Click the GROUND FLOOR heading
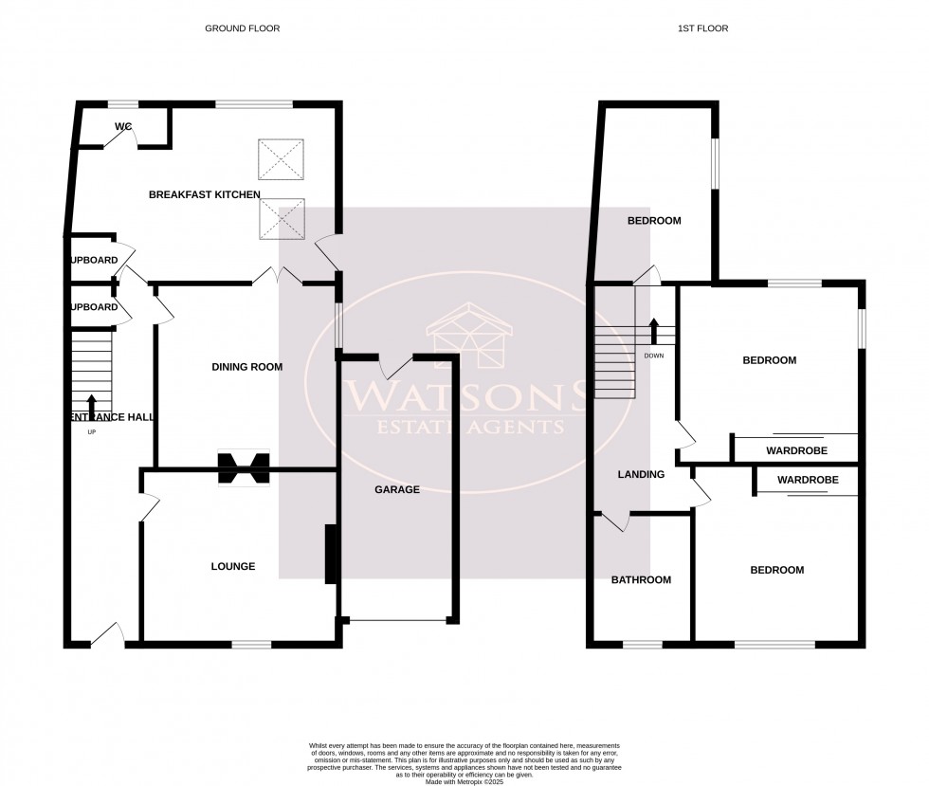tap(242, 28)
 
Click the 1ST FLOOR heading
tap(702, 28)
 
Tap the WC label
tap(122, 127)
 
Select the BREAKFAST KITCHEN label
tap(204, 194)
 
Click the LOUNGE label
tap(232, 567)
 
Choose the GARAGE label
tap(396, 490)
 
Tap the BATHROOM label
tap(641, 580)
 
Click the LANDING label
tap(641, 474)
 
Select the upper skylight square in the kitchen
tap(282, 157)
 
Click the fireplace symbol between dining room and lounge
tap(244, 468)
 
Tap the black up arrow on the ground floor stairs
tap(91, 404)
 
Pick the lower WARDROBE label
tap(808, 481)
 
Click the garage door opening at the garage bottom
tap(396, 621)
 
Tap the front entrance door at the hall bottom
tap(107, 637)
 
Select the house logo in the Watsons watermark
tap(470, 338)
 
